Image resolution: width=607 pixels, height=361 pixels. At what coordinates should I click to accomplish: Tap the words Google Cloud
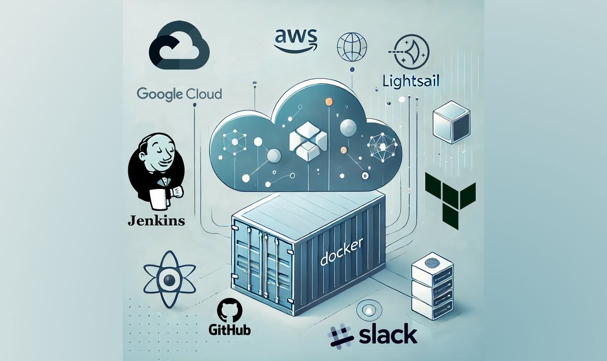(x=179, y=94)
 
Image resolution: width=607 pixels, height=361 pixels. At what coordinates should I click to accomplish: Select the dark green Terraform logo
(x=450, y=200)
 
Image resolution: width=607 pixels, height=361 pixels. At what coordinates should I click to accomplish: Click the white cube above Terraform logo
(x=448, y=123)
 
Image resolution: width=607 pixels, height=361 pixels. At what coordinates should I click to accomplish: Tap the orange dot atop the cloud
(x=329, y=103)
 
